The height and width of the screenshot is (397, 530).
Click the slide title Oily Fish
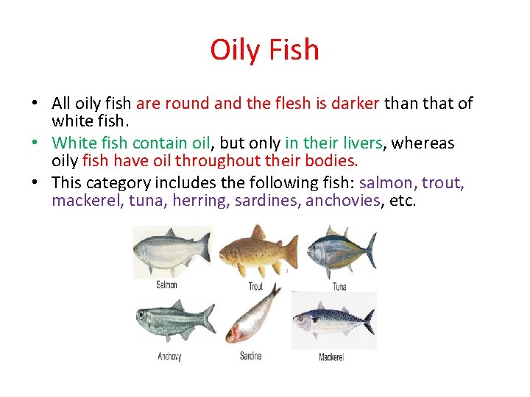click(264, 50)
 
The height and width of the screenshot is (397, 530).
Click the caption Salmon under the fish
click(166, 285)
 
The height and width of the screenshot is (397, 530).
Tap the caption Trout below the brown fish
click(255, 287)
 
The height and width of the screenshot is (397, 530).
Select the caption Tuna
click(339, 287)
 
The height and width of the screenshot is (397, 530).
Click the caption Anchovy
click(169, 357)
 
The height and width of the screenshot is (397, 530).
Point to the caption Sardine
click(250, 357)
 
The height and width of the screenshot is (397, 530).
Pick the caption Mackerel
click(331, 357)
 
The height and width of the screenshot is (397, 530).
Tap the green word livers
click(357, 143)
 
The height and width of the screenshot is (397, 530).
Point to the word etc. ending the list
click(402, 201)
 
